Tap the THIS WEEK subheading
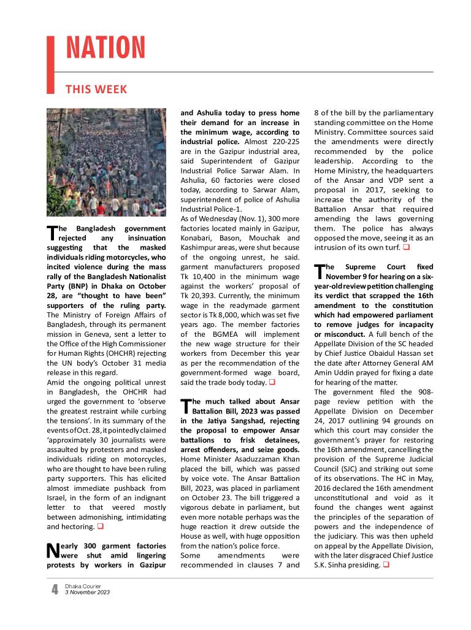[96, 90]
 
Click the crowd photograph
[106, 162]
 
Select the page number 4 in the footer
[55, 590]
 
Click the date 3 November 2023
[88, 593]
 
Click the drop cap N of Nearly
[53, 550]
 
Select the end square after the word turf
[406, 248]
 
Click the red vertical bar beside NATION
[51, 64]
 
